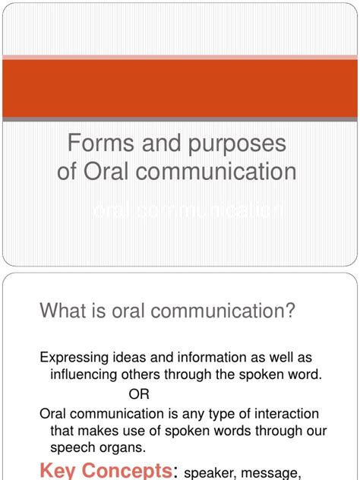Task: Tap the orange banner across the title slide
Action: (x=180, y=90)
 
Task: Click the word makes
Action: (x=98, y=431)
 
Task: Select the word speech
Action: (x=72, y=448)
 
